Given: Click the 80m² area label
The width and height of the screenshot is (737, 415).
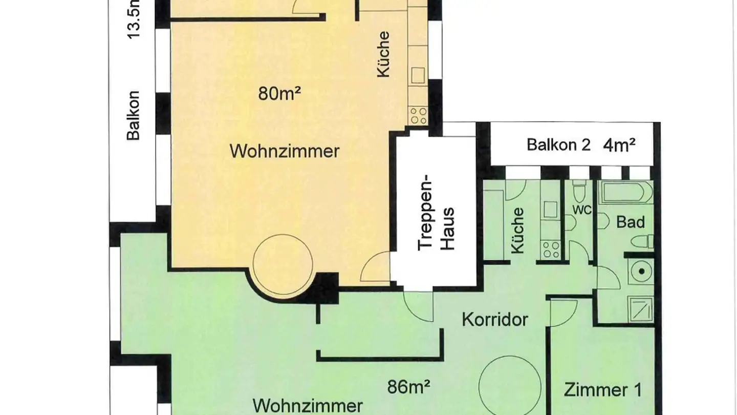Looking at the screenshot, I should coord(279,94).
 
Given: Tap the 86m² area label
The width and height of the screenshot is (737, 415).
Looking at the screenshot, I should coord(408,387).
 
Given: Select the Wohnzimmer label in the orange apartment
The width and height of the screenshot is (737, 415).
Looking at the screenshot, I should coord(285,152).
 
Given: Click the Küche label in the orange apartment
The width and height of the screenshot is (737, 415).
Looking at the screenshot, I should coord(383,55).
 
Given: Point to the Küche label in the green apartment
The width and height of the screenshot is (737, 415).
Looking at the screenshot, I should coord(518,231).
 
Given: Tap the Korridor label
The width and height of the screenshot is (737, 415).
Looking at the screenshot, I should coord(495,320).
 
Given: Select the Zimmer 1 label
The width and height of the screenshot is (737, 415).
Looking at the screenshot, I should coord(602,390).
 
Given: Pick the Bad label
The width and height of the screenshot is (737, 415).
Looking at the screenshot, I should coord(630,222).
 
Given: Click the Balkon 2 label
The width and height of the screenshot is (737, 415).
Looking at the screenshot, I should coord(558,145).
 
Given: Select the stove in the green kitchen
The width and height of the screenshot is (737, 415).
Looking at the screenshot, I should coord(551,250).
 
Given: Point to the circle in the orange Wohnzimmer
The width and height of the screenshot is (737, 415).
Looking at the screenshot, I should coord(283,264).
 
